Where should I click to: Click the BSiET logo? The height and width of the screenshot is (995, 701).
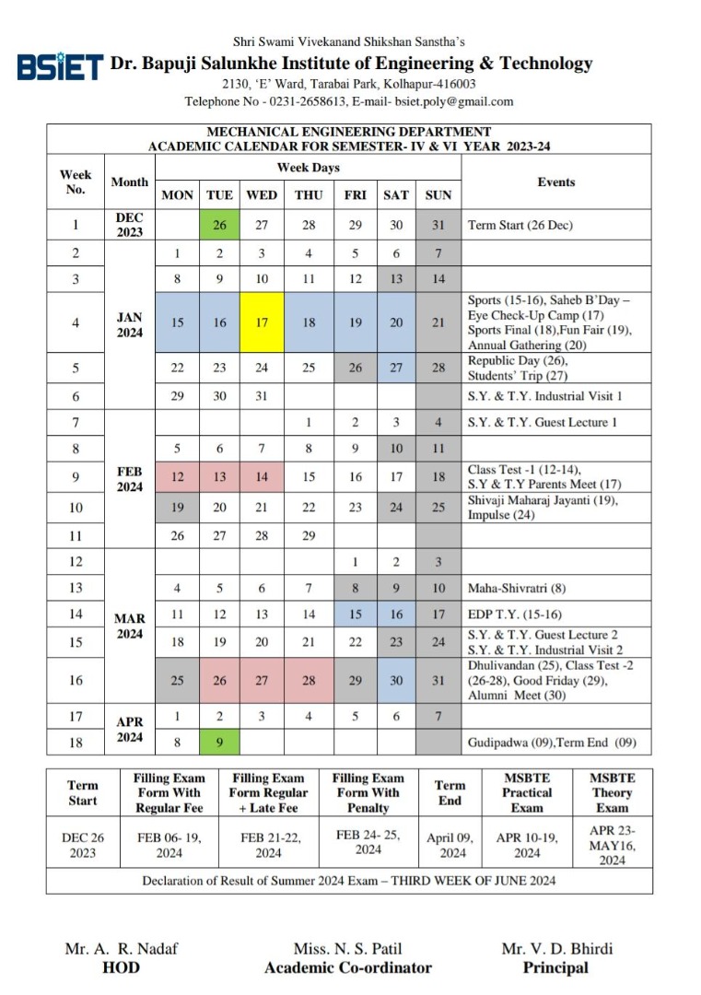click(x=59, y=66)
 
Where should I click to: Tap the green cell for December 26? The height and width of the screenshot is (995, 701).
click(x=219, y=224)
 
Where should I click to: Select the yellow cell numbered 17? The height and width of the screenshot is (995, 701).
click(x=262, y=322)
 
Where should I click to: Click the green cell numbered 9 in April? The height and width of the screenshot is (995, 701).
click(x=219, y=742)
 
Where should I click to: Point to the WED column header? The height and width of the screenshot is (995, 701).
click(x=262, y=195)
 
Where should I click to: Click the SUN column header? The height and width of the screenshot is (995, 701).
click(x=438, y=195)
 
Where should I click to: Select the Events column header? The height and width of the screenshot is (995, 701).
click(x=555, y=182)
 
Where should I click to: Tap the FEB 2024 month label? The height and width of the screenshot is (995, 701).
click(x=130, y=478)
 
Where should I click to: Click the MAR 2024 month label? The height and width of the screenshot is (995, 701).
click(x=130, y=626)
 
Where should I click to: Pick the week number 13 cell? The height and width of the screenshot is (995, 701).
click(x=76, y=588)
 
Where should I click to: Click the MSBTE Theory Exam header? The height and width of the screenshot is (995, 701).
click(x=612, y=792)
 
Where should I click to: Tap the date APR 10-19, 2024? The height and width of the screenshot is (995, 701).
click(x=527, y=846)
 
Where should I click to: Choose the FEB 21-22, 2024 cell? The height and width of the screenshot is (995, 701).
click(x=268, y=846)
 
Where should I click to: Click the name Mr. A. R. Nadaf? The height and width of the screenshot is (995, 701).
click(x=121, y=949)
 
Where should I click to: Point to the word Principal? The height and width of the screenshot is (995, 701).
click(x=555, y=967)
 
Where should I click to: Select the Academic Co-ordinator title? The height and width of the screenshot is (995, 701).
click(x=347, y=967)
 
